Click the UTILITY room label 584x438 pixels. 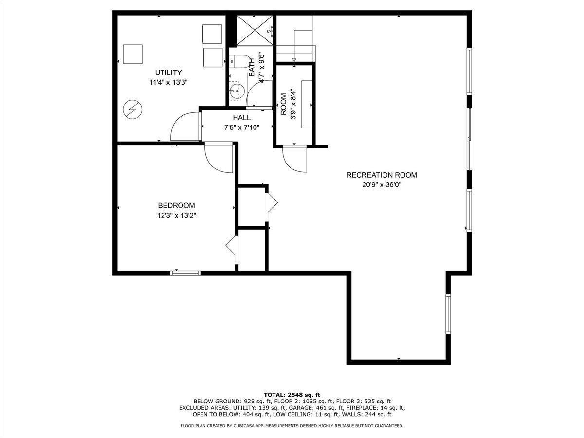click(x=168, y=73)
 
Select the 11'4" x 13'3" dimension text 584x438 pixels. click(x=168, y=82)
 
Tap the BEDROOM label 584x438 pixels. click(x=176, y=205)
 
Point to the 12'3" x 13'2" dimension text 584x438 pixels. click(x=176, y=215)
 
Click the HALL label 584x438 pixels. click(x=241, y=118)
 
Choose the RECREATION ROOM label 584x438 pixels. click(x=382, y=175)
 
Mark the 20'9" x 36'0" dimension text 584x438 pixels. click(x=382, y=184)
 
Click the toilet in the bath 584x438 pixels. click(x=237, y=62)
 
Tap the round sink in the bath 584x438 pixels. click(x=237, y=90)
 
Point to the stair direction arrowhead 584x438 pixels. click(x=294, y=60)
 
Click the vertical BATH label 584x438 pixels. click(x=252, y=67)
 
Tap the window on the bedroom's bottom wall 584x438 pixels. click(x=185, y=273)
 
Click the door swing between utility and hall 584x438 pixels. click(x=185, y=128)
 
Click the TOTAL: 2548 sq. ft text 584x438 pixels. click(x=292, y=394)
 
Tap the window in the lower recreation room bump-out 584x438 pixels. click(x=448, y=314)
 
